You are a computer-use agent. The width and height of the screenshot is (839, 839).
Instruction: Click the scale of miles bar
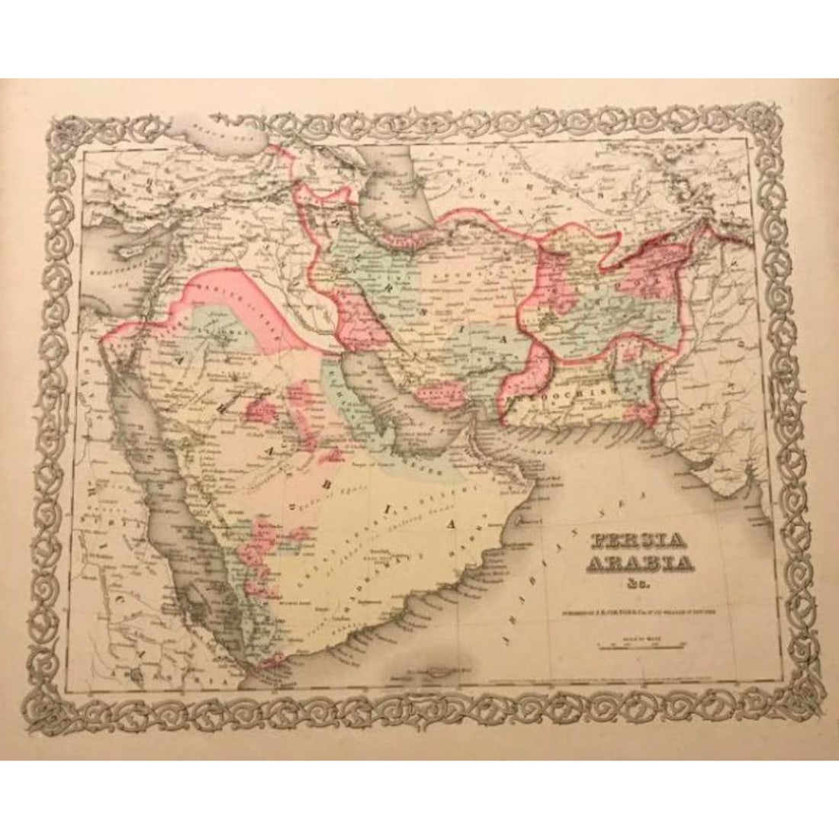pyautogui.click(x=642, y=646)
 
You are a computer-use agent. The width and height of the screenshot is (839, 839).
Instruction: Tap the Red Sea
pyautogui.click(x=164, y=496)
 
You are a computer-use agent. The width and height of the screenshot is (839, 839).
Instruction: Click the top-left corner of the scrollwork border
pyautogui.click(x=64, y=126)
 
